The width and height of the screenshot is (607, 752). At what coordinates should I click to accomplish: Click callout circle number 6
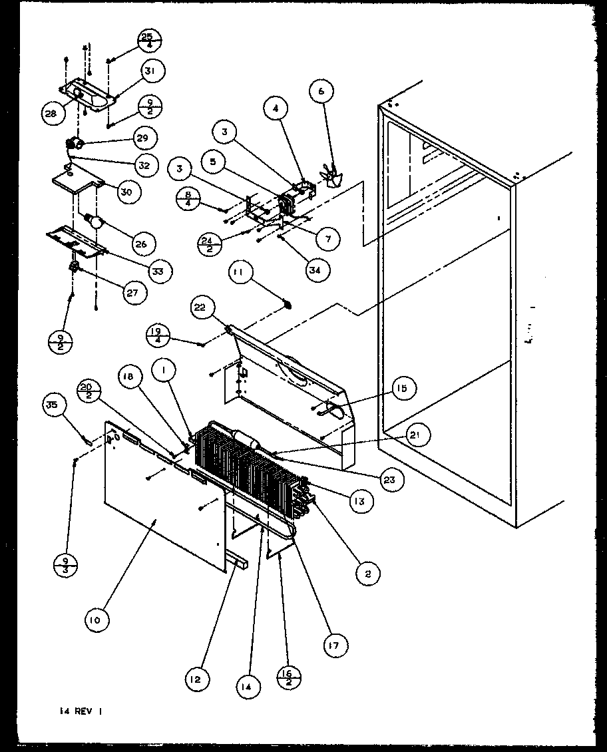coord(321,92)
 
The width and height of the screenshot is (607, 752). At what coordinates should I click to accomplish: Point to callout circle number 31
coord(152,71)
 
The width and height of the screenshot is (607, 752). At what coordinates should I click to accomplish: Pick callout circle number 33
coord(160,271)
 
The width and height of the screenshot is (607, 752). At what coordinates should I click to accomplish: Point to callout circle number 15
coord(403,388)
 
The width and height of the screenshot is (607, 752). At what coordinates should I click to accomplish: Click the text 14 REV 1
coord(79,711)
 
